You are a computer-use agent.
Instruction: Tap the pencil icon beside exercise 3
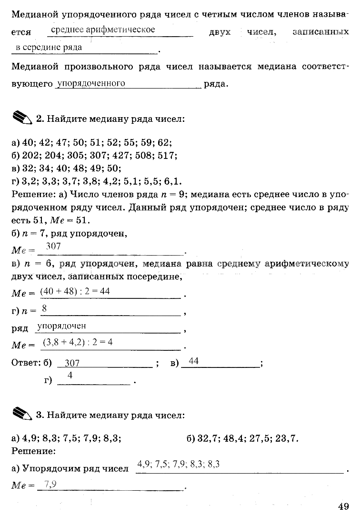tap(21, 414)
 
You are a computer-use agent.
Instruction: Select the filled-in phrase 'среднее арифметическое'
tap(103, 30)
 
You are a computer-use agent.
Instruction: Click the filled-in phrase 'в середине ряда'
tap(49, 47)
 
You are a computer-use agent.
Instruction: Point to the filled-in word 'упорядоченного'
tap(90, 83)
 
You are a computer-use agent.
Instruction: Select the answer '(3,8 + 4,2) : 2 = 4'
tap(77, 342)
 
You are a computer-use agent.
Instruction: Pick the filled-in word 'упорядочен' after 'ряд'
tap(61, 326)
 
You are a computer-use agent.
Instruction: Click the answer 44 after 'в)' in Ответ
tap(194, 361)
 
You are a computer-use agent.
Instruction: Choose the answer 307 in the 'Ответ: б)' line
tap(72, 363)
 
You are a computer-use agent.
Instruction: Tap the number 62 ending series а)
tap(164, 142)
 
